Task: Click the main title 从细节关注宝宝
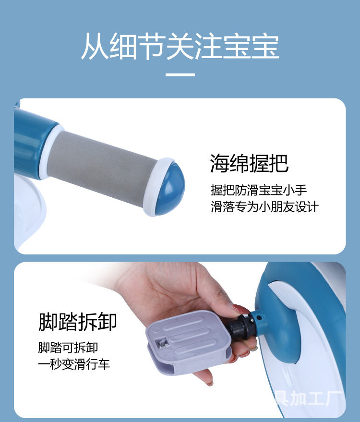pos(180,47)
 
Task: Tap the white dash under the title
pos(180,75)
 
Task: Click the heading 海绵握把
pos(249,164)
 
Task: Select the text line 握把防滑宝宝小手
pos(258,190)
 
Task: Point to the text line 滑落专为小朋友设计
pos(264,207)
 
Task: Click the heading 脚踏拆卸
pos(77,322)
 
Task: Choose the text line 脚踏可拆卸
pos(68,347)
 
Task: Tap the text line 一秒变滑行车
pos(74,364)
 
